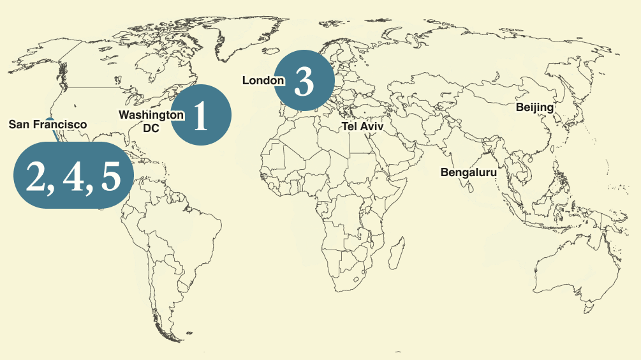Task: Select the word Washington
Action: tap(151, 115)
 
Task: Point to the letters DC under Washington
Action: tap(151, 128)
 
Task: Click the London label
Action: tap(263, 80)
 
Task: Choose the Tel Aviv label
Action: tap(363, 126)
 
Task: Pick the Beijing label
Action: tap(534, 107)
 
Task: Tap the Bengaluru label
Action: tap(468, 172)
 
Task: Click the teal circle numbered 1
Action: tap(201, 115)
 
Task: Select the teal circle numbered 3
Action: tap(304, 81)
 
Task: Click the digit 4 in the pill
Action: tap(75, 176)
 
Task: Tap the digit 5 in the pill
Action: tap(110, 176)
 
